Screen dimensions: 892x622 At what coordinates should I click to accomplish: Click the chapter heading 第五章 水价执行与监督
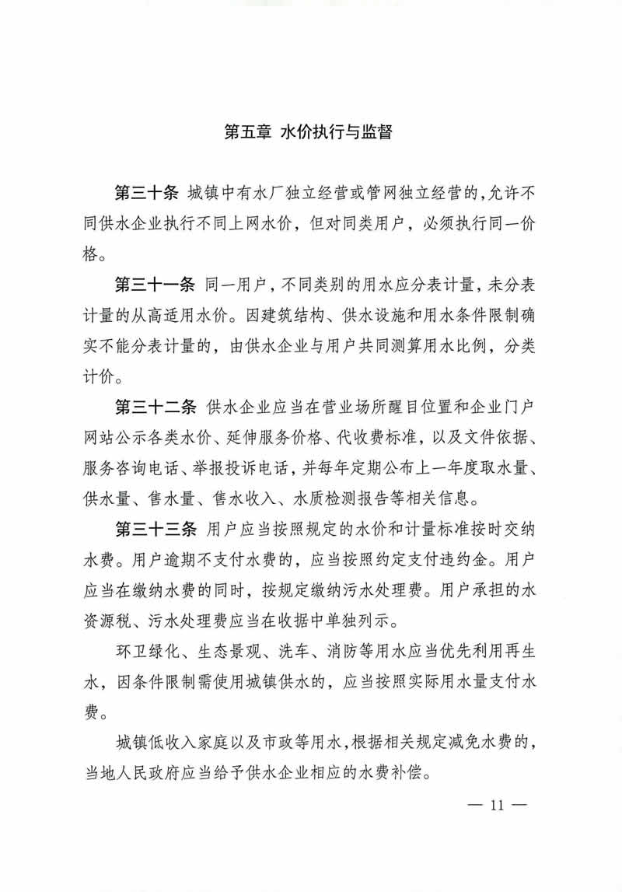coord(307,132)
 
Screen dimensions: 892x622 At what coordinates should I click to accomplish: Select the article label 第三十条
coord(147,193)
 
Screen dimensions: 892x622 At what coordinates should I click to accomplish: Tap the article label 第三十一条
coord(155,284)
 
